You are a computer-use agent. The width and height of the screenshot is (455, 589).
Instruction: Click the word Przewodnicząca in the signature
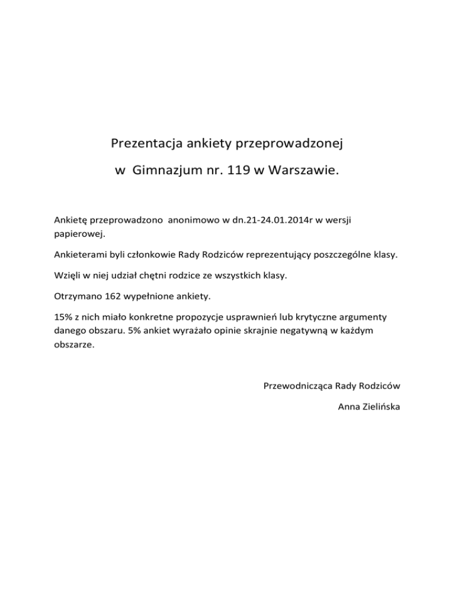297,386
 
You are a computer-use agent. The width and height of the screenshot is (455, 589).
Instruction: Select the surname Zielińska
381,407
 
